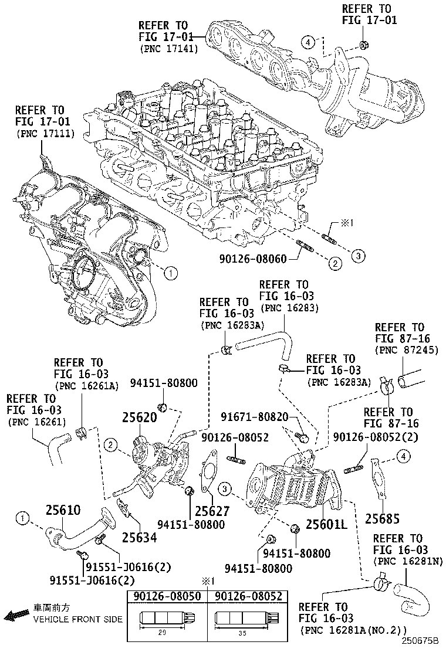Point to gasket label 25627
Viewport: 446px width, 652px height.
212,511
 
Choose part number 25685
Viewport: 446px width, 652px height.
382,518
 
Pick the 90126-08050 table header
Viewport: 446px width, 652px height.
167,596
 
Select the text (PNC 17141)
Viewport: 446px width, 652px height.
169,49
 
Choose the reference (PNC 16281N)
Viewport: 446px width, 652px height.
406,561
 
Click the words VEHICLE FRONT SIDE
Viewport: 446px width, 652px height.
77,619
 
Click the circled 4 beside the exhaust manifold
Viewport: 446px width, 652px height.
308,41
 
